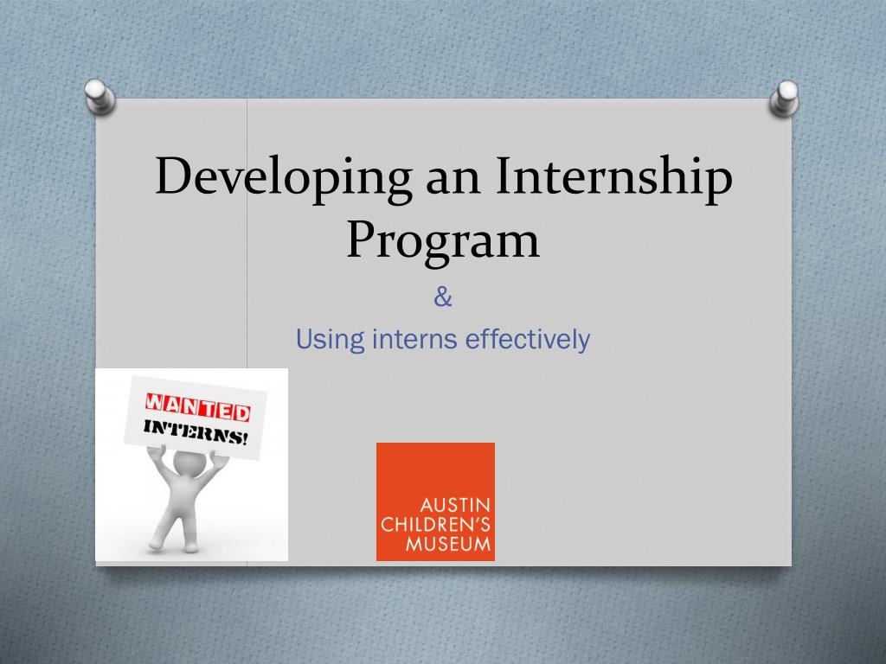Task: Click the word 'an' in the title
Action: pyautogui.click(x=453, y=177)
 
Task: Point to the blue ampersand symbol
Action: pyautogui.click(x=443, y=299)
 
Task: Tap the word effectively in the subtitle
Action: pyautogui.click(x=528, y=340)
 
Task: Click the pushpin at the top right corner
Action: pyautogui.click(x=785, y=98)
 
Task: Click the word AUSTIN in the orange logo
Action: pyautogui.click(x=456, y=504)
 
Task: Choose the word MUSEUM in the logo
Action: pyautogui.click(x=448, y=544)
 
